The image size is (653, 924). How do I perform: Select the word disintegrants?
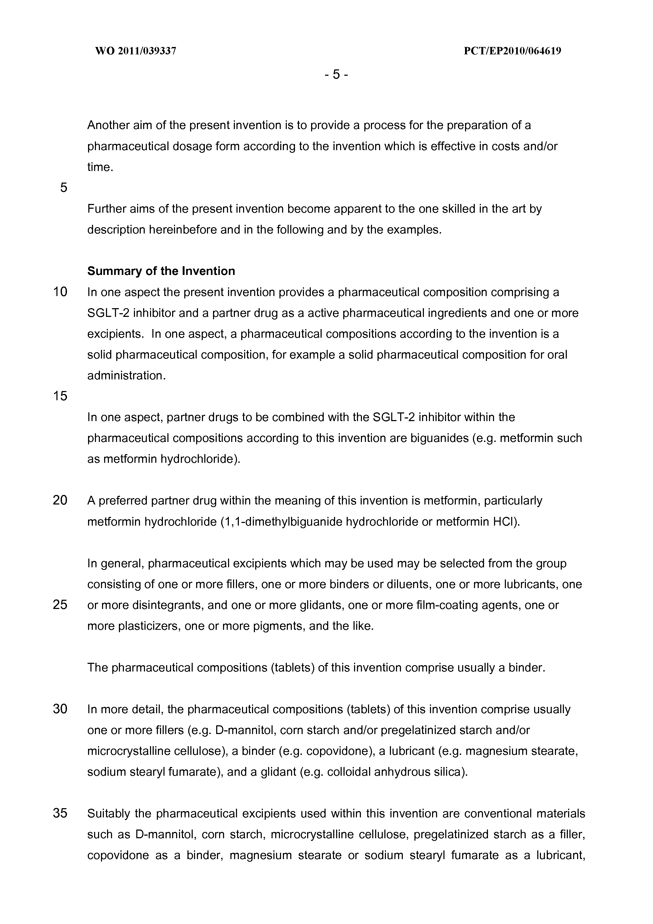click(x=166, y=605)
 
